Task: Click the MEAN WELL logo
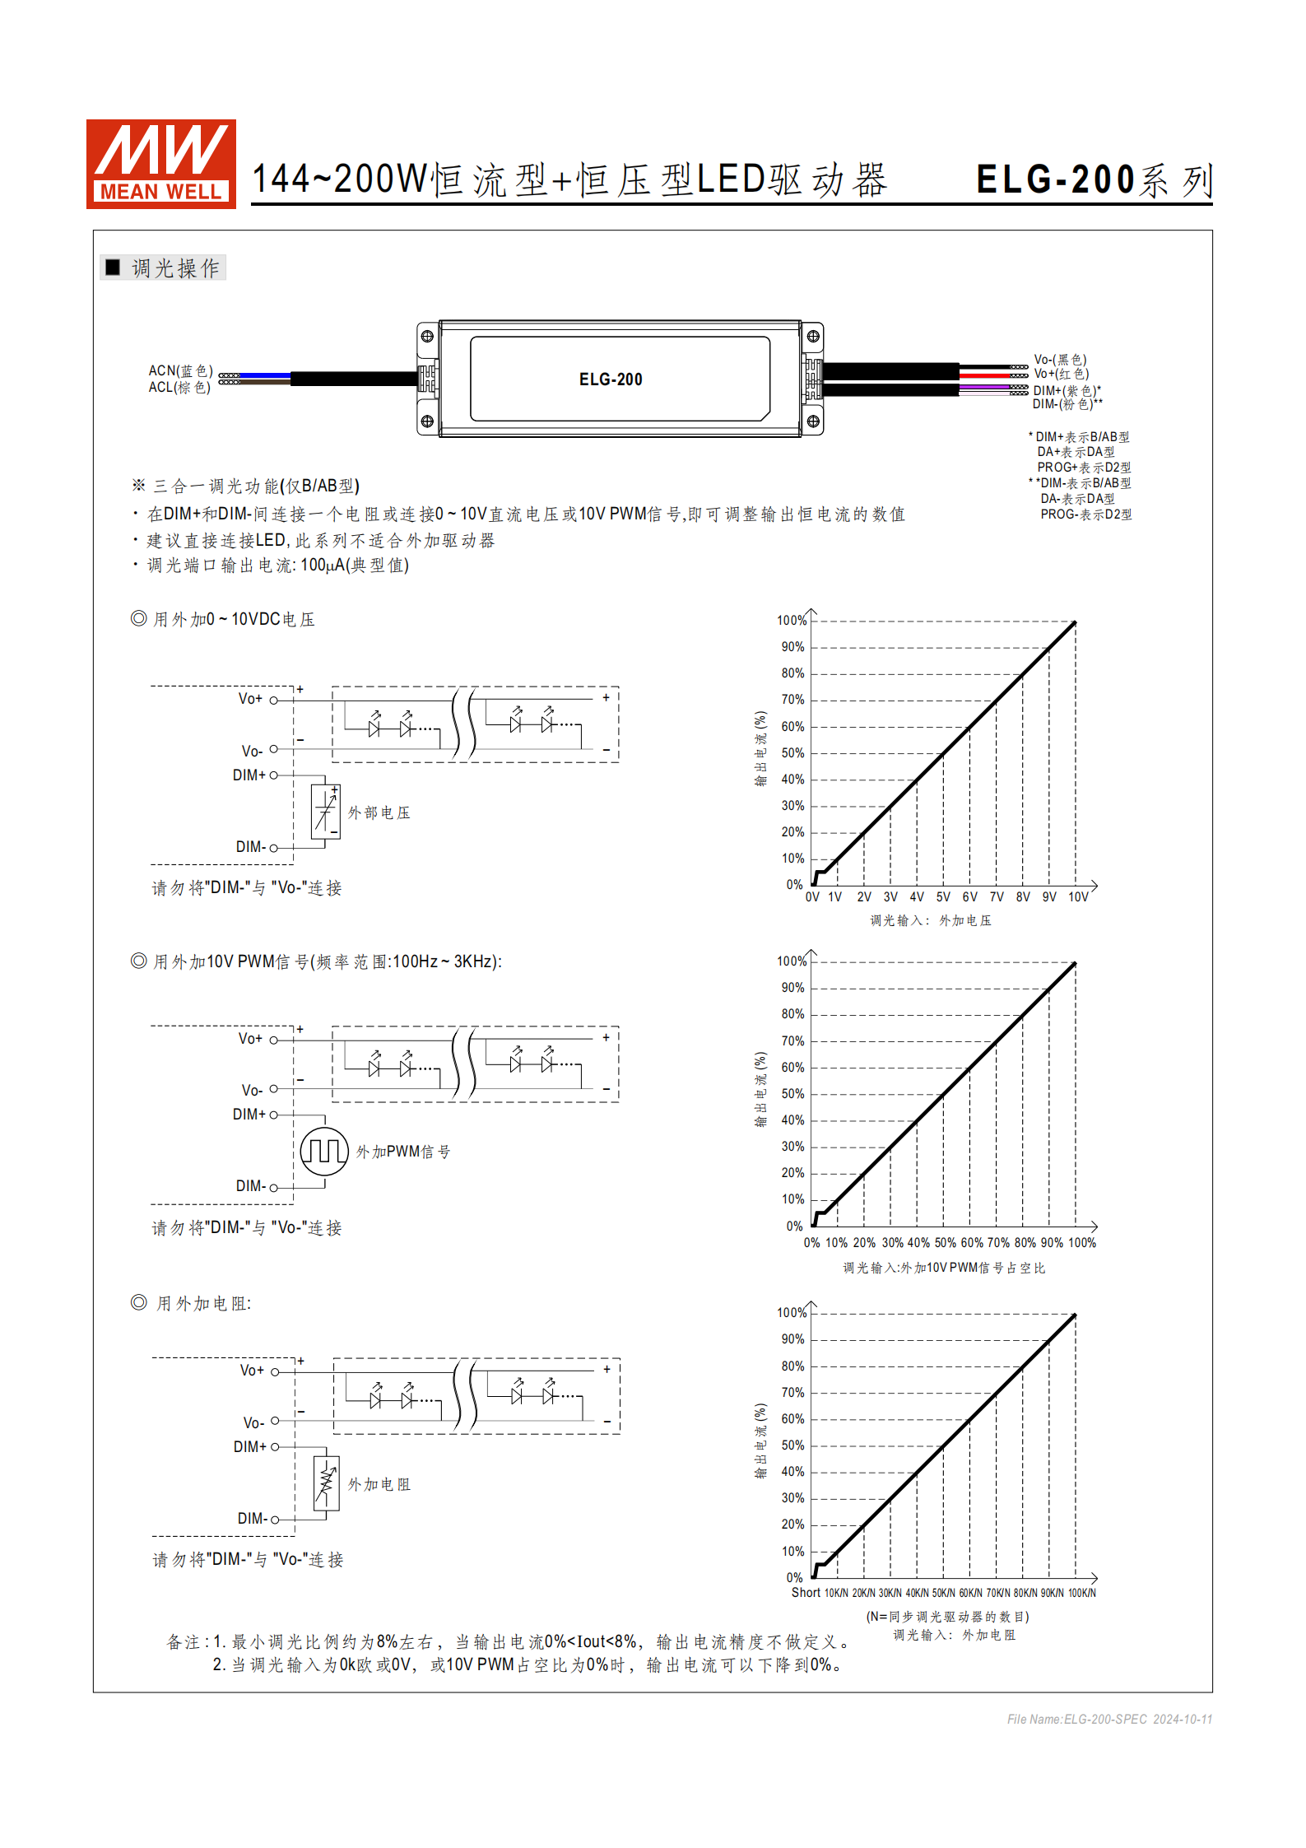(x=161, y=164)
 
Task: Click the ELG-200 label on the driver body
(x=611, y=379)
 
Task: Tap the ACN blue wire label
(x=180, y=371)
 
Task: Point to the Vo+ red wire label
(x=1061, y=374)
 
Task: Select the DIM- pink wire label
(x=1067, y=404)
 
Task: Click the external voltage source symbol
(x=326, y=812)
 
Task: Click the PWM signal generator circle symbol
(x=324, y=1151)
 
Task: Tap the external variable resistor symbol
(x=327, y=1483)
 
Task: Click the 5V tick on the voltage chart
(x=943, y=897)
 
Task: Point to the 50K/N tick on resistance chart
(x=943, y=1593)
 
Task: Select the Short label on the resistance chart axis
(x=806, y=1593)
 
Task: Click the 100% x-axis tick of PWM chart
(x=1081, y=1243)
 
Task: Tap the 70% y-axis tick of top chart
(x=792, y=700)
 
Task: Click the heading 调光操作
(x=174, y=268)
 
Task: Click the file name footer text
(x=1108, y=1719)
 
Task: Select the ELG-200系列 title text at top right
(x=1094, y=180)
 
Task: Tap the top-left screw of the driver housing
(x=427, y=336)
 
